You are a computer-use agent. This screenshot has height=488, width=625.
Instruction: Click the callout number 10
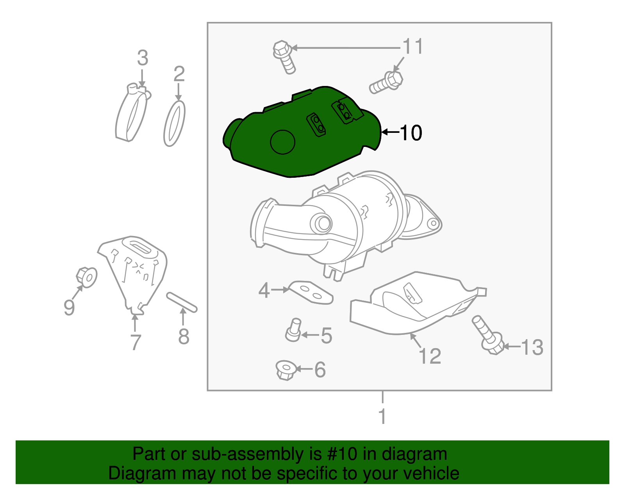pos(411,133)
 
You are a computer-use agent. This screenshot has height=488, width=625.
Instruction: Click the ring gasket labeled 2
pos(174,123)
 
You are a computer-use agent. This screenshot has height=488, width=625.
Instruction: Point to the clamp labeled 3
pos(132,113)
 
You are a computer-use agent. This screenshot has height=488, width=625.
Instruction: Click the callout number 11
pos(413,47)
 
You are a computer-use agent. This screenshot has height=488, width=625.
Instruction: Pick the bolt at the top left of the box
pos(284,57)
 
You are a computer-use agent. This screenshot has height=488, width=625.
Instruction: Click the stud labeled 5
pos(293,329)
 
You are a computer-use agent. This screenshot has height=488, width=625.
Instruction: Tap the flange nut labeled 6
pos(285,370)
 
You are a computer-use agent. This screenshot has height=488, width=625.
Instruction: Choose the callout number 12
pos(430,356)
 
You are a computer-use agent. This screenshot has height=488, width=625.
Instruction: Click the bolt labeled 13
pos(487,335)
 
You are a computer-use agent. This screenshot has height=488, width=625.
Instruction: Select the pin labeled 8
pos(182,302)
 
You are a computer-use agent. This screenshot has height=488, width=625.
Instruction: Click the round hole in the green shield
pos(282,142)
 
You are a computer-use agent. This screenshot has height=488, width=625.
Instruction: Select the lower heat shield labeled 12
pos(414,305)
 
